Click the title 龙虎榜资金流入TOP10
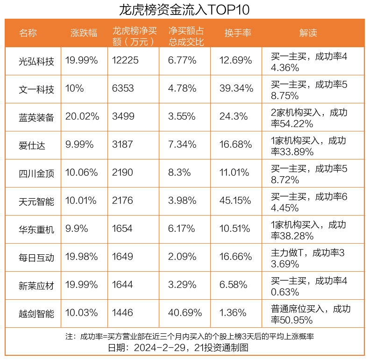tap(184, 9)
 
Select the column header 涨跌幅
tap(84, 33)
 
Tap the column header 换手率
tap(238, 33)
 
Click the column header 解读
tap(308, 33)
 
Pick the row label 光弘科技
tap(36, 61)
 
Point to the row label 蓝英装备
tap(36, 117)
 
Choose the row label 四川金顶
tap(36, 173)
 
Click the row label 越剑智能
tap(36, 313)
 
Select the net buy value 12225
tap(126, 60)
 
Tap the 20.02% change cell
tap(82, 116)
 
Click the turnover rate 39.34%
tap(236, 88)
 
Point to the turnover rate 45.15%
tap(236, 201)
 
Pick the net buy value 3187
tap(123, 144)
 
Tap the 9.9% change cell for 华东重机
tap(77, 229)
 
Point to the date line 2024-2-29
tap(184, 348)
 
